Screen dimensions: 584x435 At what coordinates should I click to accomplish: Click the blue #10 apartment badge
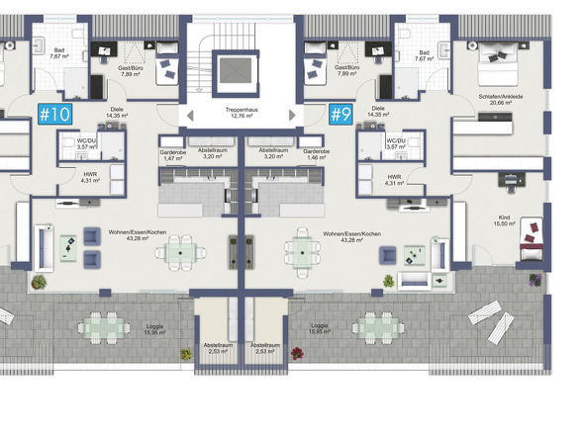[54, 114]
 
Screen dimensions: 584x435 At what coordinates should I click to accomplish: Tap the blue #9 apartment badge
[341, 114]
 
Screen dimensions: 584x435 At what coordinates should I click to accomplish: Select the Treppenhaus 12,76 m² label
[242, 113]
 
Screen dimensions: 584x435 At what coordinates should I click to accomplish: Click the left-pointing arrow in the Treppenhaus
[190, 116]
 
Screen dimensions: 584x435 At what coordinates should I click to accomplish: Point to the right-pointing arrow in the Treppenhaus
[292, 116]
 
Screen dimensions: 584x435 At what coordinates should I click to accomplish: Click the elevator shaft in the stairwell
[236, 71]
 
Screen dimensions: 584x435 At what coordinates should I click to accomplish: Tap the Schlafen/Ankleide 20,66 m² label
[501, 99]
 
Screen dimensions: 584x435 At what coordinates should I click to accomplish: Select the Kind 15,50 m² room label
[504, 220]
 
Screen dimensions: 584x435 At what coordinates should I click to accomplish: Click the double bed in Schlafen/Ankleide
[498, 63]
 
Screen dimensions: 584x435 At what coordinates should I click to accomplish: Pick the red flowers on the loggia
[297, 354]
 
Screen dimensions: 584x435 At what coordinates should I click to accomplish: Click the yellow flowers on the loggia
[186, 354]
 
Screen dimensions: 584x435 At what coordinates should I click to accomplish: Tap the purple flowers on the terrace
[535, 280]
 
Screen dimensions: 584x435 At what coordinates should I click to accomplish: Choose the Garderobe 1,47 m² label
[173, 155]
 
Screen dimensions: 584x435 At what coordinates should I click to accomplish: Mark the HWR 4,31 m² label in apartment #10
[90, 177]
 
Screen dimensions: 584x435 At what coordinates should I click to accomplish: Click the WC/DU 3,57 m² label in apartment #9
[396, 143]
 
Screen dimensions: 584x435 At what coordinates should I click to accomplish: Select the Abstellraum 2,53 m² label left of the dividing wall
[218, 348]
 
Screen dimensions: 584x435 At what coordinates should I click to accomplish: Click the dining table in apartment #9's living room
[302, 253]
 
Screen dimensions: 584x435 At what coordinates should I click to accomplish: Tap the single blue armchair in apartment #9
[388, 256]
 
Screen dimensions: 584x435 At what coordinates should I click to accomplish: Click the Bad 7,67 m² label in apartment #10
[59, 53]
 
